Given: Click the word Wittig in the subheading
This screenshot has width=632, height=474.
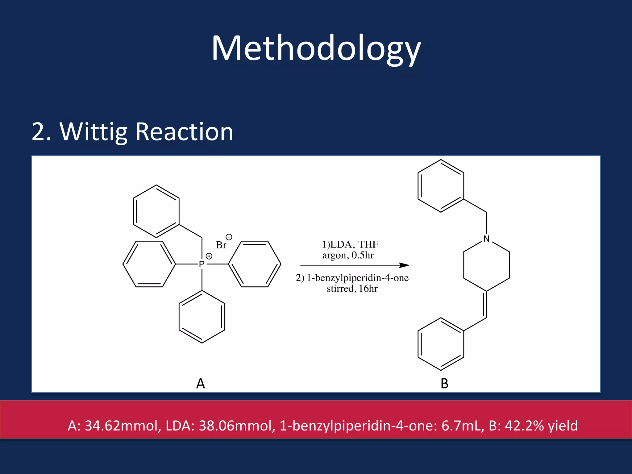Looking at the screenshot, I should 94,132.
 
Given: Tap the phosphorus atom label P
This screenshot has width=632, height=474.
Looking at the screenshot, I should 202,264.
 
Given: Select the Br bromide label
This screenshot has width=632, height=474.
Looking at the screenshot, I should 221,245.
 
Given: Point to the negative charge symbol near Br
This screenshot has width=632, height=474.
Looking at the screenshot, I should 229,237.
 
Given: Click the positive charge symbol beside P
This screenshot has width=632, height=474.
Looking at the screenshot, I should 209,256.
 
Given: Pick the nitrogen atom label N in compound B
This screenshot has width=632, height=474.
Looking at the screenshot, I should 486,239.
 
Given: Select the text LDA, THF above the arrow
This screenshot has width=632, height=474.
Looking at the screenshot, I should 354,244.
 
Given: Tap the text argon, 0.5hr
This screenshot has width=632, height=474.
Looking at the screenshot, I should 348,255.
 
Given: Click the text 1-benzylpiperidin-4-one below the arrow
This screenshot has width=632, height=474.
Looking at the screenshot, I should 357,278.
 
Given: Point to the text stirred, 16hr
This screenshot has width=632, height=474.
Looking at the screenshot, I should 352,289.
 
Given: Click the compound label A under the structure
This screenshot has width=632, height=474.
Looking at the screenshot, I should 201,384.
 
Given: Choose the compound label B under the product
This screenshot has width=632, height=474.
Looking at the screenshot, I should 444,384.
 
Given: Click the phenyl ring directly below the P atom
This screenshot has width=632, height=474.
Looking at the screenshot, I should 202,317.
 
